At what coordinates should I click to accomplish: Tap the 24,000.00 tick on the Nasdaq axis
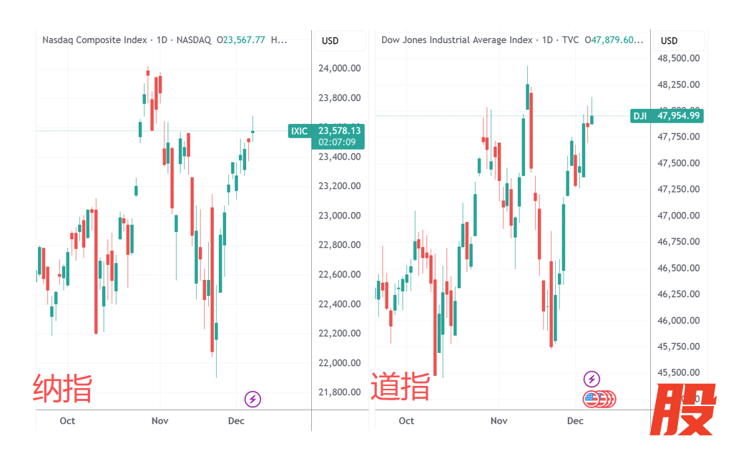[340, 68]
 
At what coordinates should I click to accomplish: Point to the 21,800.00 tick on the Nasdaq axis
[340, 392]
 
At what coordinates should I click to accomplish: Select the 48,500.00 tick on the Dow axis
[679, 58]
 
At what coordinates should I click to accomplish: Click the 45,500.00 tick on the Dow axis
[679, 372]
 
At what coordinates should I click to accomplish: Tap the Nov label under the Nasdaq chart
[160, 420]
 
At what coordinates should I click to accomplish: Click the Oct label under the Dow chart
[406, 420]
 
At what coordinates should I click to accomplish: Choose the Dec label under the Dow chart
[575, 420]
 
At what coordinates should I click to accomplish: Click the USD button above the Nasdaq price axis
[330, 41]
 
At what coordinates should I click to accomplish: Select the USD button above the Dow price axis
[669, 41]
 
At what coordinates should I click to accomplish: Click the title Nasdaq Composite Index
[94, 40]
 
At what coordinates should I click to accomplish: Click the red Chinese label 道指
[401, 387]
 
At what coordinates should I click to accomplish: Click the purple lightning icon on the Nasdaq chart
[252, 399]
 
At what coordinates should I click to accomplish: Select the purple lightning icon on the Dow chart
[592, 379]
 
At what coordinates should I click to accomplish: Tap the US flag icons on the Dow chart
[599, 399]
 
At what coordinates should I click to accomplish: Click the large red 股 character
[687, 410]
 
